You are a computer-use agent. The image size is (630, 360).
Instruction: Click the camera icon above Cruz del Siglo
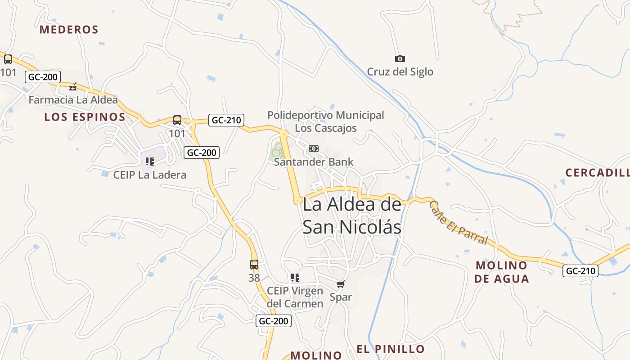(x=400, y=58)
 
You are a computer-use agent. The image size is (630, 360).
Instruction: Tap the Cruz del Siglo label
(x=400, y=72)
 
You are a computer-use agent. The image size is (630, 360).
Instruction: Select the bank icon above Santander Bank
(x=313, y=148)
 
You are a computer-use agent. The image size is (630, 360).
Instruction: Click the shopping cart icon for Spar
(x=341, y=284)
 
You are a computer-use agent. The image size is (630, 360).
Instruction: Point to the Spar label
(x=341, y=297)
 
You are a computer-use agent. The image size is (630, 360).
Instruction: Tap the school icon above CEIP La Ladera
(x=150, y=162)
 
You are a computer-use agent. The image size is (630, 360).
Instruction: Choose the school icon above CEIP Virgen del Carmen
(x=295, y=277)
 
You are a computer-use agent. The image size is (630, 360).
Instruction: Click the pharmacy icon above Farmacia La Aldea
(x=73, y=87)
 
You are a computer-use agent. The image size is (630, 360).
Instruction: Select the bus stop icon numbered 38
(x=254, y=265)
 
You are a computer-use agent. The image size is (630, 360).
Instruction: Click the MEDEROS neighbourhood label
(x=69, y=30)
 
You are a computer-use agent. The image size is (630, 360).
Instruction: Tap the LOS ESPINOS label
(x=85, y=117)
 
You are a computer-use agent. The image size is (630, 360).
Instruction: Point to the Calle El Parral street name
(x=458, y=222)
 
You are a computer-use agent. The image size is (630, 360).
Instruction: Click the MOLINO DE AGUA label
(x=501, y=272)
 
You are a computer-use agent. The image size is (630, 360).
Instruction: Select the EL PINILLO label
(x=391, y=349)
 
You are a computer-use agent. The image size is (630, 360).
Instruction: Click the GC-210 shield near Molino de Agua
(x=580, y=271)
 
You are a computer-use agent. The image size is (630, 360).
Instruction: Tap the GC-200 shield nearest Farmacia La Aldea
(x=43, y=77)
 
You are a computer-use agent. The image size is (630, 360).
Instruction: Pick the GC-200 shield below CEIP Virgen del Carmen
(x=274, y=321)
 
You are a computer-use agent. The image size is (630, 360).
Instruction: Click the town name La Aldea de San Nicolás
(x=352, y=216)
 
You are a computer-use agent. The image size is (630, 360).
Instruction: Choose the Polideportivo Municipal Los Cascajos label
(x=326, y=121)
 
